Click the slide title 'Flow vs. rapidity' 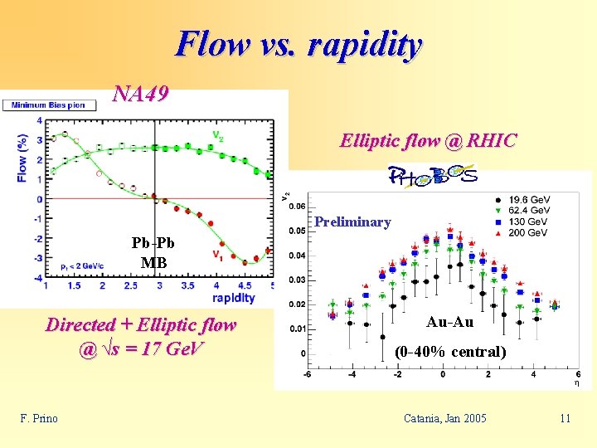[x=298, y=44]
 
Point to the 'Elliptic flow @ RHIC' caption [x=428, y=141]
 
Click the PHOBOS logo [x=434, y=176]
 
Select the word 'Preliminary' [x=352, y=222]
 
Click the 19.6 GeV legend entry [x=527, y=200]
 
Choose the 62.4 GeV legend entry [x=527, y=211]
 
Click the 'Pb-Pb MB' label [x=153, y=254]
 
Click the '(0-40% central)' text [x=449, y=351]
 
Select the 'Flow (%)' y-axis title [x=22, y=158]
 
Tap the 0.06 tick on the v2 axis [x=296, y=207]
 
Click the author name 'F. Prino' [x=39, y=418]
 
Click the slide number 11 [x=565, y=418]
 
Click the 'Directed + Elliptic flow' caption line [x=141, y=324]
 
